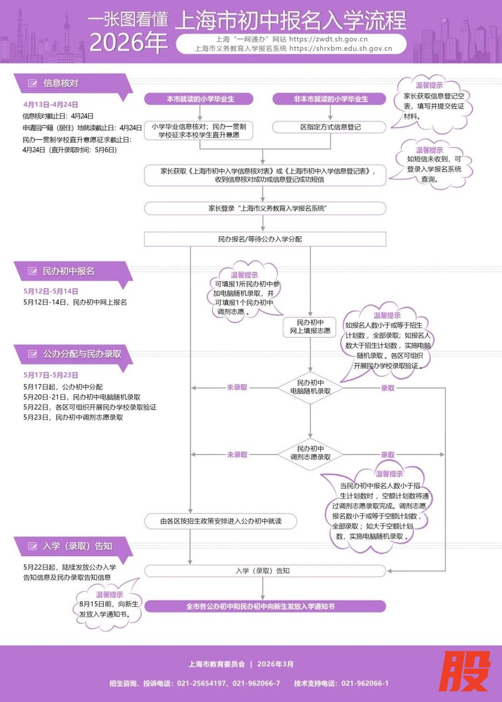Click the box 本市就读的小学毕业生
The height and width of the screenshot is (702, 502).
[x=199, y=99]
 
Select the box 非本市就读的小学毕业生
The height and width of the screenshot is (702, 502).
[x=331, y=99]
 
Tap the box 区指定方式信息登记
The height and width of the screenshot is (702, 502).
[x=331, y=127]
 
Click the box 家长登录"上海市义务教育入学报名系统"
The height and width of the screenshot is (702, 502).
[x=264, y=208]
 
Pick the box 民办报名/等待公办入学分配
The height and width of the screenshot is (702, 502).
[x=264, y=239]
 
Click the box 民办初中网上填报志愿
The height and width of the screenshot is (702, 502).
[x=310, y=327]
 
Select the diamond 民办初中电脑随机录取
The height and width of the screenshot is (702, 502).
[x=310, y=387]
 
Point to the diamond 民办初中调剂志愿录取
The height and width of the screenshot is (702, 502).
[x=310, y=452]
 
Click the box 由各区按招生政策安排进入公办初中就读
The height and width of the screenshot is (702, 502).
[x=220, y=521]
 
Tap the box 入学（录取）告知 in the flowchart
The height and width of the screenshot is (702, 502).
[x=264, y=571]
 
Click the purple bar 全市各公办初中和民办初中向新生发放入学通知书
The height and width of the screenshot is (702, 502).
[x=264, y=606]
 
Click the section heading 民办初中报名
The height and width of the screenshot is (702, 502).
[x=68, y=271]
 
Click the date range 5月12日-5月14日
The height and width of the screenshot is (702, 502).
[x=51, y=291]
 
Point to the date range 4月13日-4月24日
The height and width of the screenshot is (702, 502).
[x=51, y=104]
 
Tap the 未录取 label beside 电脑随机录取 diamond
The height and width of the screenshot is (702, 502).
[x=236, y=387]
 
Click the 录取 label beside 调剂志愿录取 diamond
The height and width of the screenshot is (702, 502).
[x=388, y=455]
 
